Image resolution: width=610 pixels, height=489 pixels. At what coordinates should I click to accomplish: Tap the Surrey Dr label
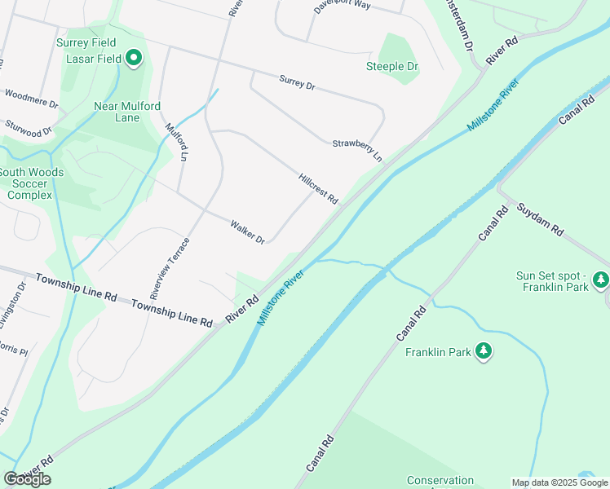(297, 82)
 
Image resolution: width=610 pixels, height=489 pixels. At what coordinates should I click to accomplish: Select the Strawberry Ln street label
(357, 149)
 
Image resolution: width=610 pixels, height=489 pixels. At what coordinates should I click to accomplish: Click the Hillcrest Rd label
(318, 188)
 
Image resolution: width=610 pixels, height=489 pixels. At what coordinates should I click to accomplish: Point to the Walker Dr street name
(247, 232)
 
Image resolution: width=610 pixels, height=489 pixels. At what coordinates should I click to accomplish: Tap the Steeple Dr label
(392, 66)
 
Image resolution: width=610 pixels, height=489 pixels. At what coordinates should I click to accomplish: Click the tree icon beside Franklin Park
(484, 350)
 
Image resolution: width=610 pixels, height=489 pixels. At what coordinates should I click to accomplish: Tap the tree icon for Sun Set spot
(601, 280)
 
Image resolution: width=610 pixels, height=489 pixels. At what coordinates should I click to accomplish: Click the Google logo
(27, 479)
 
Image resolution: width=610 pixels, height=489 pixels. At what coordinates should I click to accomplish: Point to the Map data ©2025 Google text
(559, 482)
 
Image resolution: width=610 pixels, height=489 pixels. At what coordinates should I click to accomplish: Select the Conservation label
(440, 481)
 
